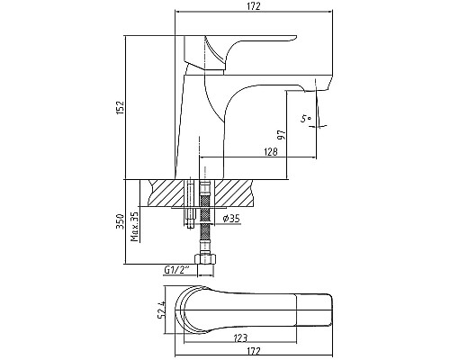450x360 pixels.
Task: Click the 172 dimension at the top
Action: pyautogui.click(x=254, y=6)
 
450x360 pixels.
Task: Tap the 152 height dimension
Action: pyautogui.click(x=120, y=107)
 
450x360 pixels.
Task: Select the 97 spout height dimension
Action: pyautogui.click(x=282, y=135)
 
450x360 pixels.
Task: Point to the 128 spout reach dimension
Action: pyautogui.click(x=271, y=152)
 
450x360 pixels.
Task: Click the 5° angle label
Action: pyautogui.click(x=306, y=119)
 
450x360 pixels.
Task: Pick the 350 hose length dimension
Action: pyautogui.click(x=120, y=221)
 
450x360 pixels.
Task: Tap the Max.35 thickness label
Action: pyautogui.click(x=135, y=227)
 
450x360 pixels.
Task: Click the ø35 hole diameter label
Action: pyautogui.click(x=231, y=219)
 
